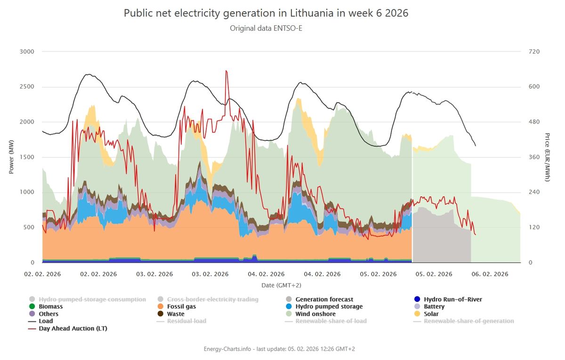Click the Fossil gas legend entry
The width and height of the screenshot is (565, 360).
tap(181, 307)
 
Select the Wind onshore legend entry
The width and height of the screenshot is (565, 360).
tap(315, 314)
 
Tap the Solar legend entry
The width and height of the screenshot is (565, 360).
tap(431, 314)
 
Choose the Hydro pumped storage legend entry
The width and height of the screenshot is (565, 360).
tap(329, 307)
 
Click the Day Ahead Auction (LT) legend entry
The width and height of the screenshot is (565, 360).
tap(73, 328)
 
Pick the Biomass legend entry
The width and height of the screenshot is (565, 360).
tap(50, 307)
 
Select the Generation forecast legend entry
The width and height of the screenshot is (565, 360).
tap(324, 300)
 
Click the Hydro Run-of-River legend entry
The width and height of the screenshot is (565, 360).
tap(452, 300)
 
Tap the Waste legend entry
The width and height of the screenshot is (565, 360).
tap(176, 314)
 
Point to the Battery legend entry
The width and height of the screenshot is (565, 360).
tap(434, 307)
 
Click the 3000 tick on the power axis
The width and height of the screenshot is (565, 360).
tap(27, 51)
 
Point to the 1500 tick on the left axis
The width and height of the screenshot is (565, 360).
tap(27, 157)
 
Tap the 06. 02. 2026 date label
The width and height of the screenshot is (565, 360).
tap(491, 274)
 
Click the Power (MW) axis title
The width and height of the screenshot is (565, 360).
tap(11, 156)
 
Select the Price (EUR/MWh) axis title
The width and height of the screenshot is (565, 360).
tap(548, 157)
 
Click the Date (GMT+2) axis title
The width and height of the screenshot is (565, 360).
tap(282, 286)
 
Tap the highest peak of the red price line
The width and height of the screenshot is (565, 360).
tap(226, 71)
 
